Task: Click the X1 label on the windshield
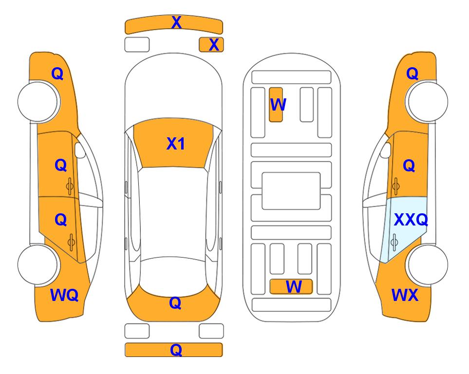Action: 176,144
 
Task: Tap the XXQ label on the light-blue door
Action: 411,220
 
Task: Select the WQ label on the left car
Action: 64,295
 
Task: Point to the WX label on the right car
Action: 405,295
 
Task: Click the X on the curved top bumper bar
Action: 176,22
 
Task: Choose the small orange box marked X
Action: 211,45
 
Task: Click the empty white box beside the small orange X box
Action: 137,45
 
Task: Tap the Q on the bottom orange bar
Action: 176,350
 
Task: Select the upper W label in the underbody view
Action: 278,105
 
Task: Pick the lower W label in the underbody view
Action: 294,287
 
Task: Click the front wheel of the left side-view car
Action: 38,102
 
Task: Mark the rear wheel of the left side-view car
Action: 38,264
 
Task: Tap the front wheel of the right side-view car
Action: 428,102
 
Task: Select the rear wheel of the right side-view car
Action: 428,264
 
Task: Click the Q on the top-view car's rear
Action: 175,303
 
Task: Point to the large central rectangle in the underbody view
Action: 291,191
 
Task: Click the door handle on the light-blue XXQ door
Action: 394,242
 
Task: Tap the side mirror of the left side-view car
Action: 80,150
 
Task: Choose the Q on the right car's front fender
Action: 412,74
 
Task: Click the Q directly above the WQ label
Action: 61,220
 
